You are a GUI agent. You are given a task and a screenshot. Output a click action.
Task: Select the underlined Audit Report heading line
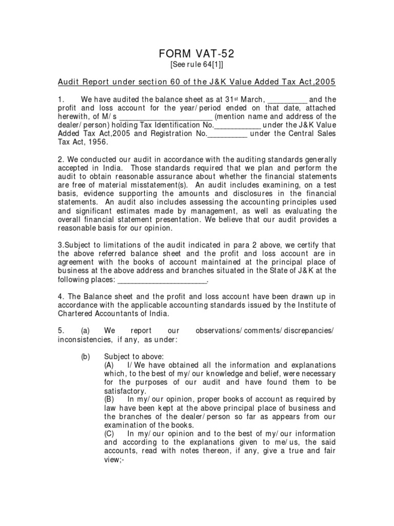click(x=197, y=83)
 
